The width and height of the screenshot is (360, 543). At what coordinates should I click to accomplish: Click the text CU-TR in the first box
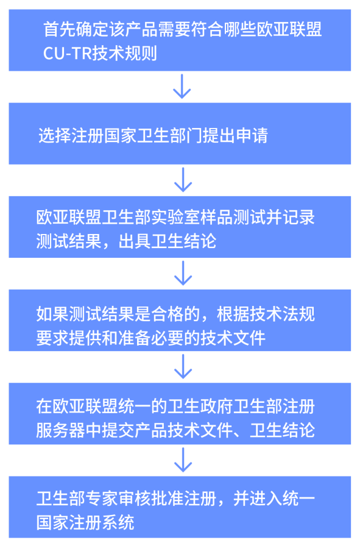[67, 54]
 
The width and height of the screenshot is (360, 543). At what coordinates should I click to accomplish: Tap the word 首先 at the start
[60, 29]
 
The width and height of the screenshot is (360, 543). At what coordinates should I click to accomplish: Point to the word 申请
[252, 135]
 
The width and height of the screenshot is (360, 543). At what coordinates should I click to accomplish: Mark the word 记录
[298, 218]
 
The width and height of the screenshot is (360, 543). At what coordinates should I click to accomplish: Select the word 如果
[52, 314]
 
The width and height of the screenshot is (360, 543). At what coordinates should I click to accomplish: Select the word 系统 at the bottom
[118, 522]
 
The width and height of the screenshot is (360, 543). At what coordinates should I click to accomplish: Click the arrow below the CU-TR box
[182, 86]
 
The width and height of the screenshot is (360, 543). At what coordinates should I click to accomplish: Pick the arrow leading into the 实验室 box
[183, 179]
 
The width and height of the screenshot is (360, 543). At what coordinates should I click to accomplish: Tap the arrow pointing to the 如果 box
[183, 273]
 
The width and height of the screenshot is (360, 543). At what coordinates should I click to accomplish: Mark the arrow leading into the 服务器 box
[183, 366]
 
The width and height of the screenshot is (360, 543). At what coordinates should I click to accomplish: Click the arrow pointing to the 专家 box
[183, 460]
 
